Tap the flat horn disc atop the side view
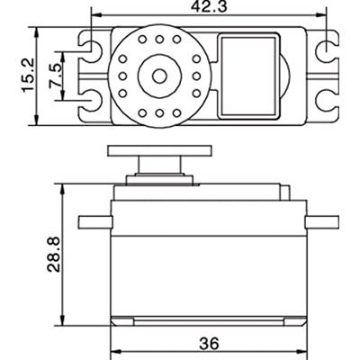pos(150,149)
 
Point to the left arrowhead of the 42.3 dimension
pos(97,16)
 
